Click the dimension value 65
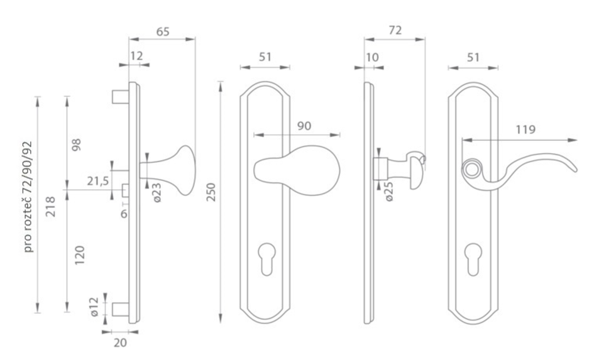point(163,32)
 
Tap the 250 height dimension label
point(211,192)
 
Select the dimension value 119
point(525,130)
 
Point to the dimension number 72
point(395,30)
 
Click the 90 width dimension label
point(304,126)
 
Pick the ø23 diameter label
point(157,193)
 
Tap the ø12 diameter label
point(94,307)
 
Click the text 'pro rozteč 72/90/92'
point(28,197)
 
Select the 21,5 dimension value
point(97,182)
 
